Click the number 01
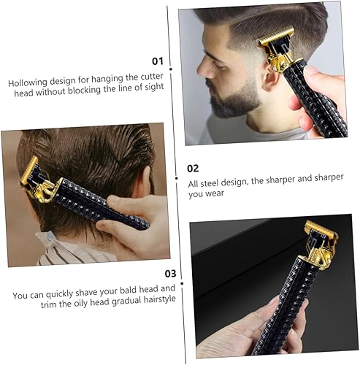pos(157,62)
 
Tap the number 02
pos(193,168)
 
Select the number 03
pos(169,273)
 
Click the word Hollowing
pos(34,83)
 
